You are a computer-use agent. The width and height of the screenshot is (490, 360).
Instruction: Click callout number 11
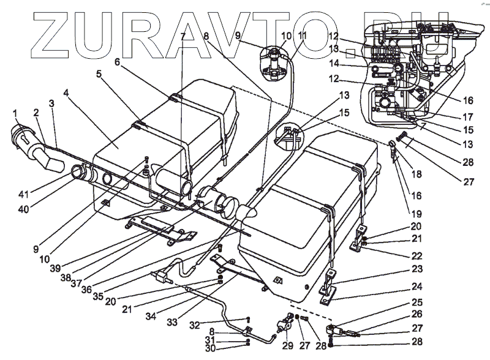[301, 37]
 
